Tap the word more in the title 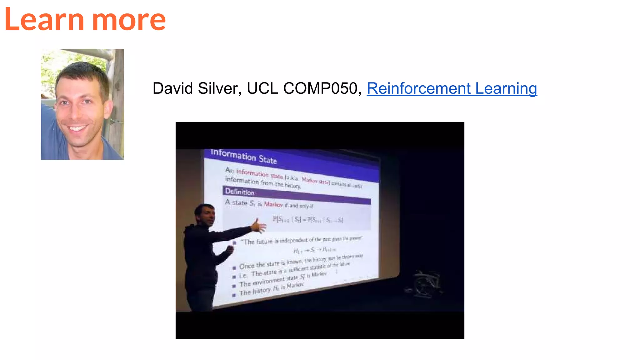129,20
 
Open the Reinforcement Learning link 452,88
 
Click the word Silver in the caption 219,88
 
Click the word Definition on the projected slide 240,192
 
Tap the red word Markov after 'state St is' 273,204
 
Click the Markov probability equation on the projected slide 307,220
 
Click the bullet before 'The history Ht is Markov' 234,295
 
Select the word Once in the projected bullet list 247,266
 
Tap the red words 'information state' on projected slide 259,174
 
